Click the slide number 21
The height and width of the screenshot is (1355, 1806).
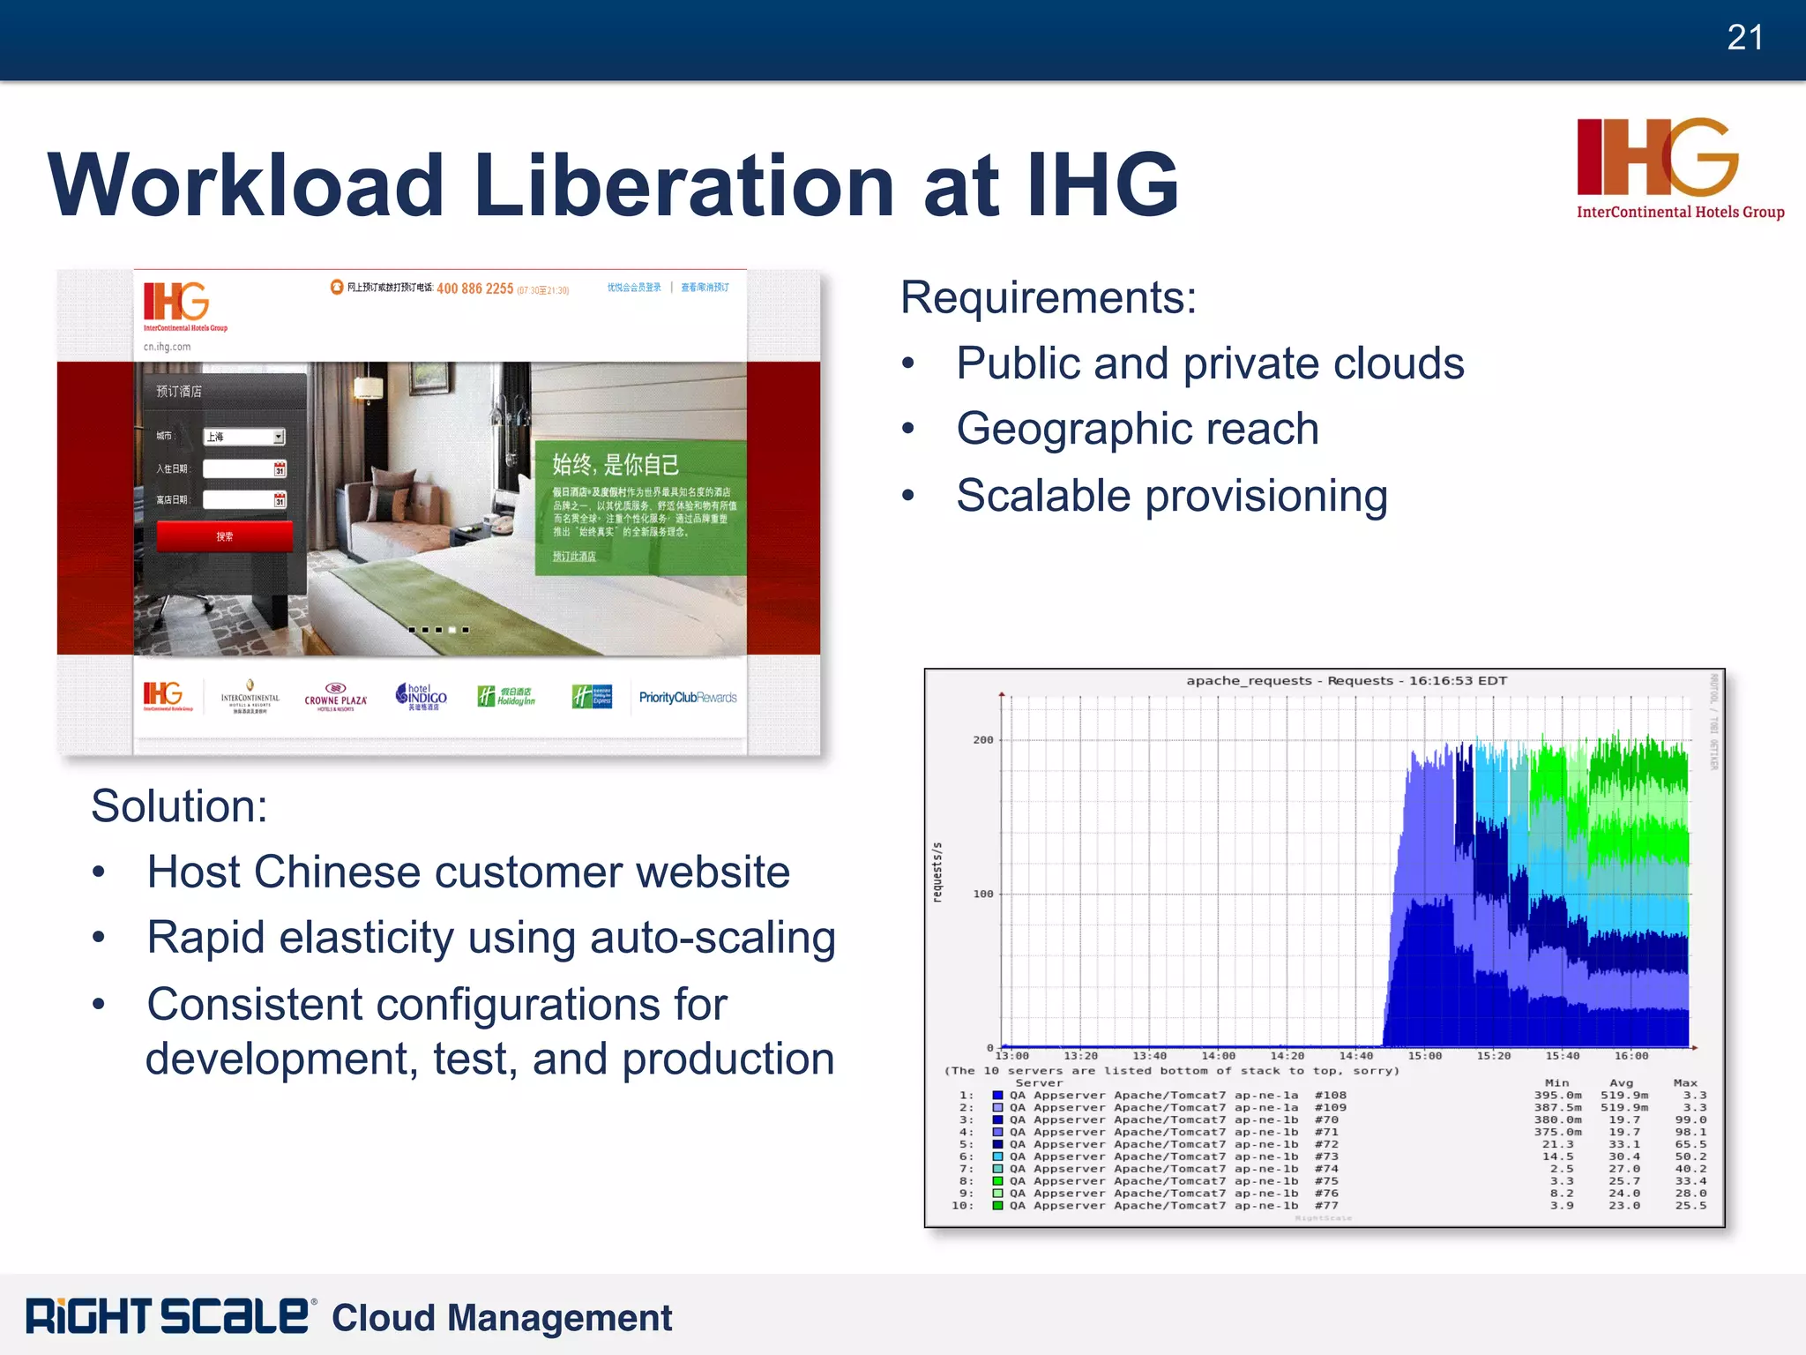tap(1744, 38)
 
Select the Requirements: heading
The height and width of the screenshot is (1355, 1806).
tap(1049, 297)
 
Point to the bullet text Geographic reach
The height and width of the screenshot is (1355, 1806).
tap(1138, 430)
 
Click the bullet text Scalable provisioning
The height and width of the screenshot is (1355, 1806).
tap(1172, 496)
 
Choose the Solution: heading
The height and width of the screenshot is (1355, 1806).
tap(179, 806)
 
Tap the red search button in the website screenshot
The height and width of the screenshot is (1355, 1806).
tap(224, 536)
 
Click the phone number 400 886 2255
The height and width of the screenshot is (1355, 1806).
tap(474, 288)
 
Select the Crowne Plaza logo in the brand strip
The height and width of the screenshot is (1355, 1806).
tap(335, 697)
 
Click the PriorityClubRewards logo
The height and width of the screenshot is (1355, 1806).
tap(688, 698)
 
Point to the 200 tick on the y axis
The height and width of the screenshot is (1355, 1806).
tap(982, 740)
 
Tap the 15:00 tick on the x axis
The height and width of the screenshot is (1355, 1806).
tap(1424, 1056)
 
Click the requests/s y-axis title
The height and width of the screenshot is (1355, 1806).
tap(937, 872)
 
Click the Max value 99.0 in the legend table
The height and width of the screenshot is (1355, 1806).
tap(1690, 1120)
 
